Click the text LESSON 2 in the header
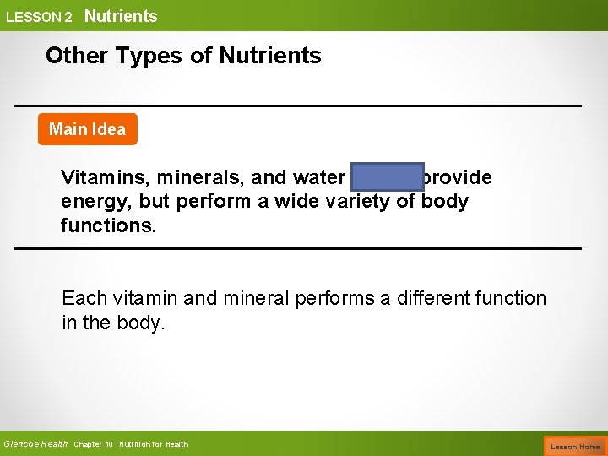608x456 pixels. (39, 17)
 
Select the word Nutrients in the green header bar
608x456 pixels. (121, 16)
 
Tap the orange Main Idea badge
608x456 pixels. (87, 129)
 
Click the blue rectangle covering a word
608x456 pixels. (387, 179)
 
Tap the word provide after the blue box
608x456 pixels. (458, 179)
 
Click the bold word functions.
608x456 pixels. (108, 226)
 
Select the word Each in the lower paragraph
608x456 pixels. (84, 298)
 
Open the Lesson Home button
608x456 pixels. (575, 446)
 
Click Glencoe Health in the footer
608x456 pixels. (35, 444)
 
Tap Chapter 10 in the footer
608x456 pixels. (94, 445)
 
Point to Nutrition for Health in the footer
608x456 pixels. (154, 445)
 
